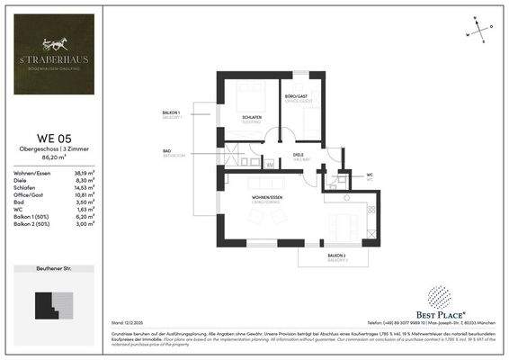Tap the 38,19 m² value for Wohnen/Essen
pos(84,171)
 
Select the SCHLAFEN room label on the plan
pos(251,117)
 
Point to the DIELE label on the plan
pos(298,154)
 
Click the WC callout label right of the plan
pos(370,175)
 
